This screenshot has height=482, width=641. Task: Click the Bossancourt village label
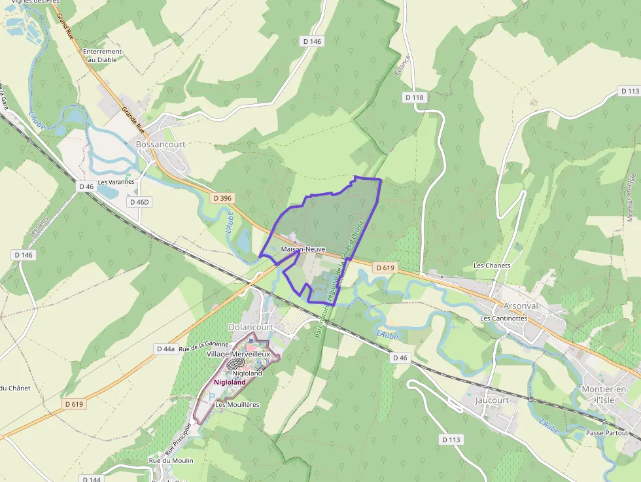point(160,145)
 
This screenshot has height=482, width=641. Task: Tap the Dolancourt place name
point(249,326)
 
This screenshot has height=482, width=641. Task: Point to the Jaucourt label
point(492,400)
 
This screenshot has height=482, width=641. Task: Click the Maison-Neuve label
point(303,250)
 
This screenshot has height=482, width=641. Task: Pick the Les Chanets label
point(492,266)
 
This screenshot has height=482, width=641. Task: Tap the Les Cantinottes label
point(504,318)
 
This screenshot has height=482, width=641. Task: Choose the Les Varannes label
point(116,182)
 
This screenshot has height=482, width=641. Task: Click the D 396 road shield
point(222,198)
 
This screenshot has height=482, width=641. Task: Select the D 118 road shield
point(414,97)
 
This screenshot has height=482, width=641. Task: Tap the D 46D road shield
point(139,202)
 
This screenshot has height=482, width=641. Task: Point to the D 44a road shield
point(165,349)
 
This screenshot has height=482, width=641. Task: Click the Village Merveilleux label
point(238,354)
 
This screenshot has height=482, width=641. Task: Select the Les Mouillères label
point(237,405)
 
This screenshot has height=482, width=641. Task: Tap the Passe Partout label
point(607,433)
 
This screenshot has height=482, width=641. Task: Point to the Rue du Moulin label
point(171,461)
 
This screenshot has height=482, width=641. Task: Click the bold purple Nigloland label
point(230,382)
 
